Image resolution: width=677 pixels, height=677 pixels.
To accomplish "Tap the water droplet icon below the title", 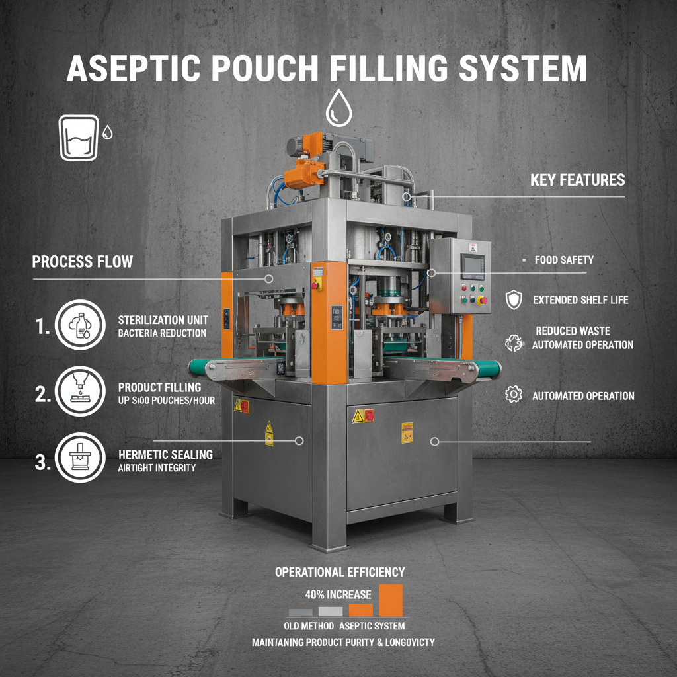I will (x=338, y=108).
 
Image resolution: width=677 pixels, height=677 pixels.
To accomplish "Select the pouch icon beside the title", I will (x=79, y=138).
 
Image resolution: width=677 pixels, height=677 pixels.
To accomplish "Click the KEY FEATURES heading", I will (x=577, y=180).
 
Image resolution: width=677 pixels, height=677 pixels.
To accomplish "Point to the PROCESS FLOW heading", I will (x=82, y=262).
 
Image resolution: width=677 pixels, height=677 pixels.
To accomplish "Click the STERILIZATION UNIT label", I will (x=161, y=320).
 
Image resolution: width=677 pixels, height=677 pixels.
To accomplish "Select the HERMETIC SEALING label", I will (x=165, y=454).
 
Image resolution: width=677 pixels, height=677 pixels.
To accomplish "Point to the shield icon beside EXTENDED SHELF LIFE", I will (x=513, y=299).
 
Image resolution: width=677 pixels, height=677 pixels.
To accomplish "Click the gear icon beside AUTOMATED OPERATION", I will (x=513, y=395).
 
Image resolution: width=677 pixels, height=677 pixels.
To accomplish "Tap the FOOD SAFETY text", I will (x=564, y=260).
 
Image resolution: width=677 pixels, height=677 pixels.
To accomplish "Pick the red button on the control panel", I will (x=482, y=301).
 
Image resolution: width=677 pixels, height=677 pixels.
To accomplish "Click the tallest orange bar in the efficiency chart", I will (x=391, y=600).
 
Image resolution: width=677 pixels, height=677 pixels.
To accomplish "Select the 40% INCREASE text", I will (x=338, y=594).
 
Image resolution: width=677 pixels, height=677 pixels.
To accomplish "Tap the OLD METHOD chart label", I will (x=303, y=625).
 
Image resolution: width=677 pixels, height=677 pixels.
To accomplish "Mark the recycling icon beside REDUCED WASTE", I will (x=513, y=342).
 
